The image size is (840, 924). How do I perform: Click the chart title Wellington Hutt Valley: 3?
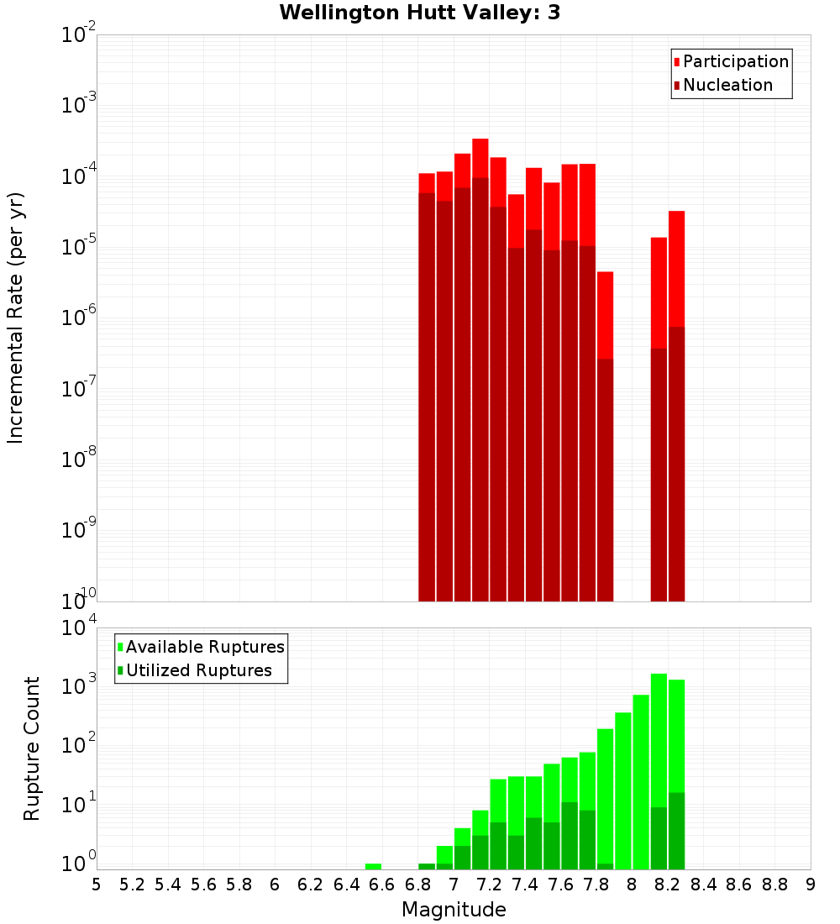point(419,13)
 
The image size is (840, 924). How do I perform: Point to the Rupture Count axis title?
point(32,748)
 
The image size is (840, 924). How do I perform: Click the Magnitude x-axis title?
point(454,910)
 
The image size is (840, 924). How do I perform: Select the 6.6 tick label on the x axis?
point(382,885)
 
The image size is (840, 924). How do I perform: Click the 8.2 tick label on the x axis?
point(668,885)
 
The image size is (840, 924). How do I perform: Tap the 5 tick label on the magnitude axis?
point(97,885)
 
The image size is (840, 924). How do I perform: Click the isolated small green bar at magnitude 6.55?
point(373,866)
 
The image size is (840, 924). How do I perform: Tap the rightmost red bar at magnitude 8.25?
point(677,269)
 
